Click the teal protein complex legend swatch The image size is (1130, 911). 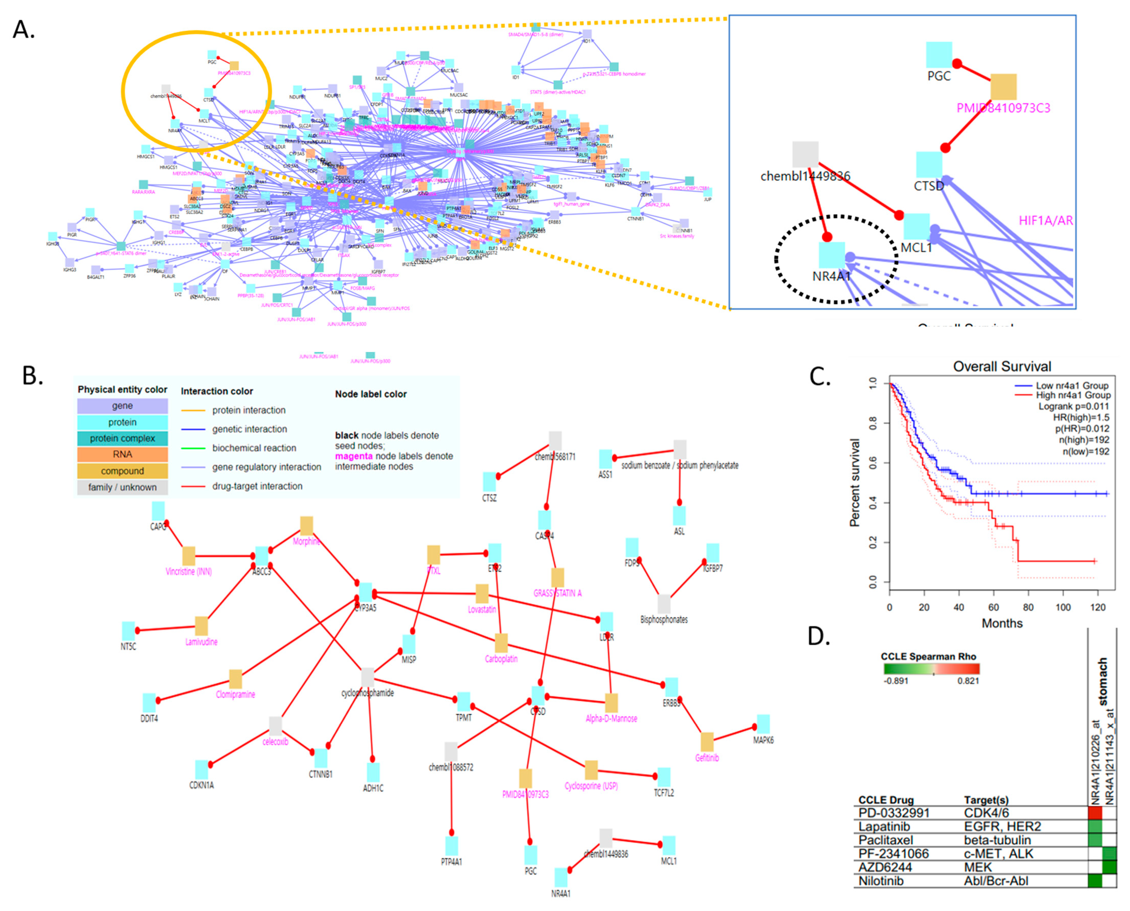122,438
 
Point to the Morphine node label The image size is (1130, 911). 306,542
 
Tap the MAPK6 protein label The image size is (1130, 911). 763,740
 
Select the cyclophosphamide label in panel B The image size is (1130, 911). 367,693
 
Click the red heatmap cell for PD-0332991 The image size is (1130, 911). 1095,813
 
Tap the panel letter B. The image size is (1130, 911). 33,376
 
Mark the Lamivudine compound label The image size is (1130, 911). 201,642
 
